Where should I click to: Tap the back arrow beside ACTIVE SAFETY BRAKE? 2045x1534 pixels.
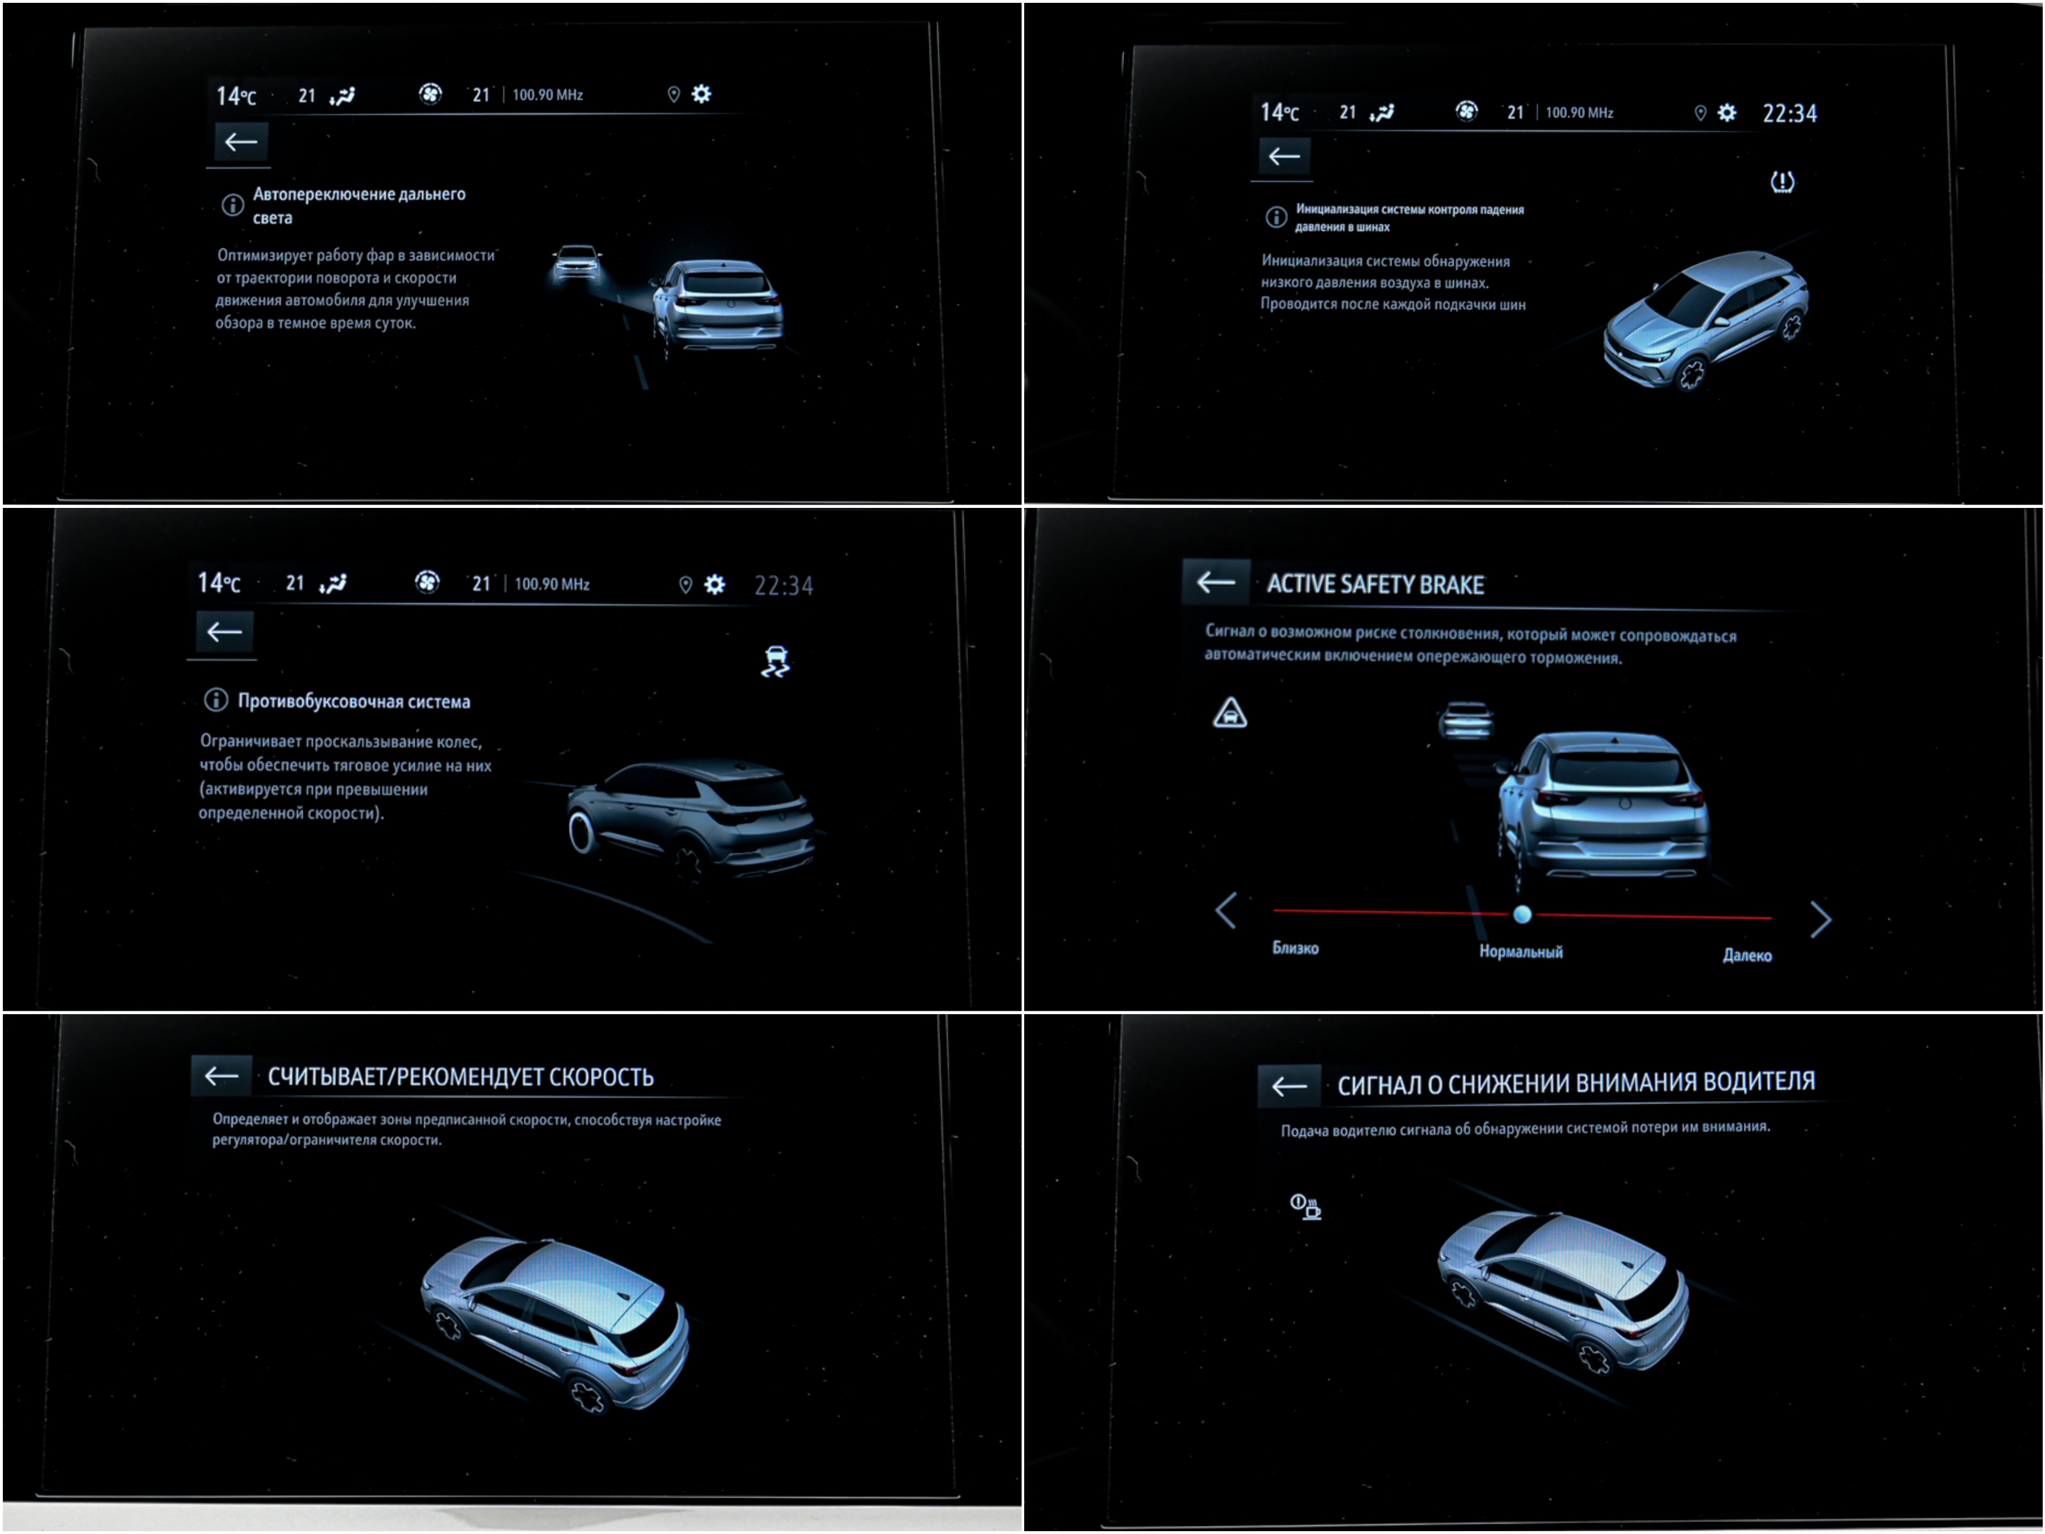pyautogui.click(x=1216, y=582)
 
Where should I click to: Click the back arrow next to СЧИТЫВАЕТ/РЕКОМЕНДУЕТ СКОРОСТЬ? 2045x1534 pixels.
pyautogui.click(x=222, y=1076)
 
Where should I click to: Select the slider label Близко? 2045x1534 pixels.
pyautogui.click(x=1295, y=948)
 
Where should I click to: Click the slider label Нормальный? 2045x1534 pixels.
pyautogui.click(x=1521, y=952)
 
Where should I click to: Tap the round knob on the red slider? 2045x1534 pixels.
pyautogui.click(x=1522, y=915)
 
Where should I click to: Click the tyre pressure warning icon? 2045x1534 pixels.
pyautogui.click(x=1781, y=182)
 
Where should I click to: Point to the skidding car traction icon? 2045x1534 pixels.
pyautogui.click(x=775, y=662)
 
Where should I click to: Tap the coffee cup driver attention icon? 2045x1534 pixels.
pyautogui.click(x=1305, y=1207)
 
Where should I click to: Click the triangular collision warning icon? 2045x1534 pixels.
pyautogui.click(x=1230, y=713)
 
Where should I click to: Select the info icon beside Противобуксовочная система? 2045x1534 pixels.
pyautogui.click(x=215, y=700)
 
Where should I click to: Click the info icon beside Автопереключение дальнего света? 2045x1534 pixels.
pyautogui.click(x=232, y=205)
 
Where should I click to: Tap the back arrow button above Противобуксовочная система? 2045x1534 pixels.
pyautogui.click(x=224, y=632)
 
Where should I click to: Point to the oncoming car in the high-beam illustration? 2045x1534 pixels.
pyautogui.click(x=578, y=262)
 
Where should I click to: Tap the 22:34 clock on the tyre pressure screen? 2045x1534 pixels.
pyautogui.click(x=1789, y=114)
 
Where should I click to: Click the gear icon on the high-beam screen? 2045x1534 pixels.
pyautogui.click(x=702, y=93)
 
